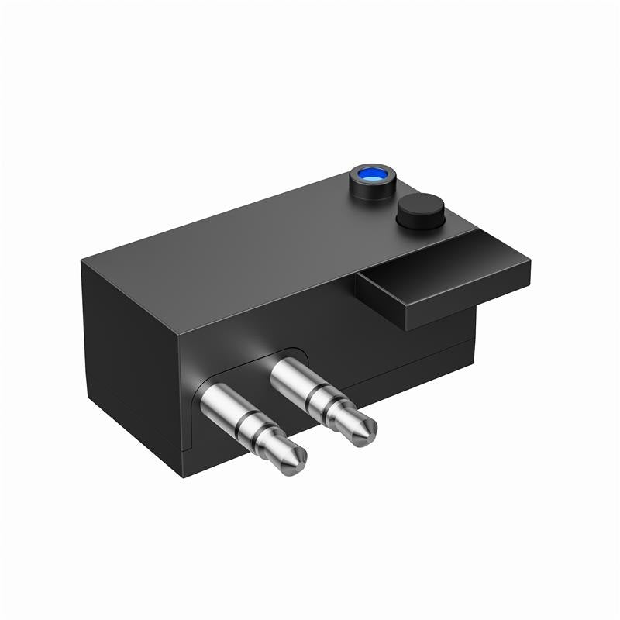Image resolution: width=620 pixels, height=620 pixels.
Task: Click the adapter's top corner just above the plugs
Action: click(180, 335)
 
